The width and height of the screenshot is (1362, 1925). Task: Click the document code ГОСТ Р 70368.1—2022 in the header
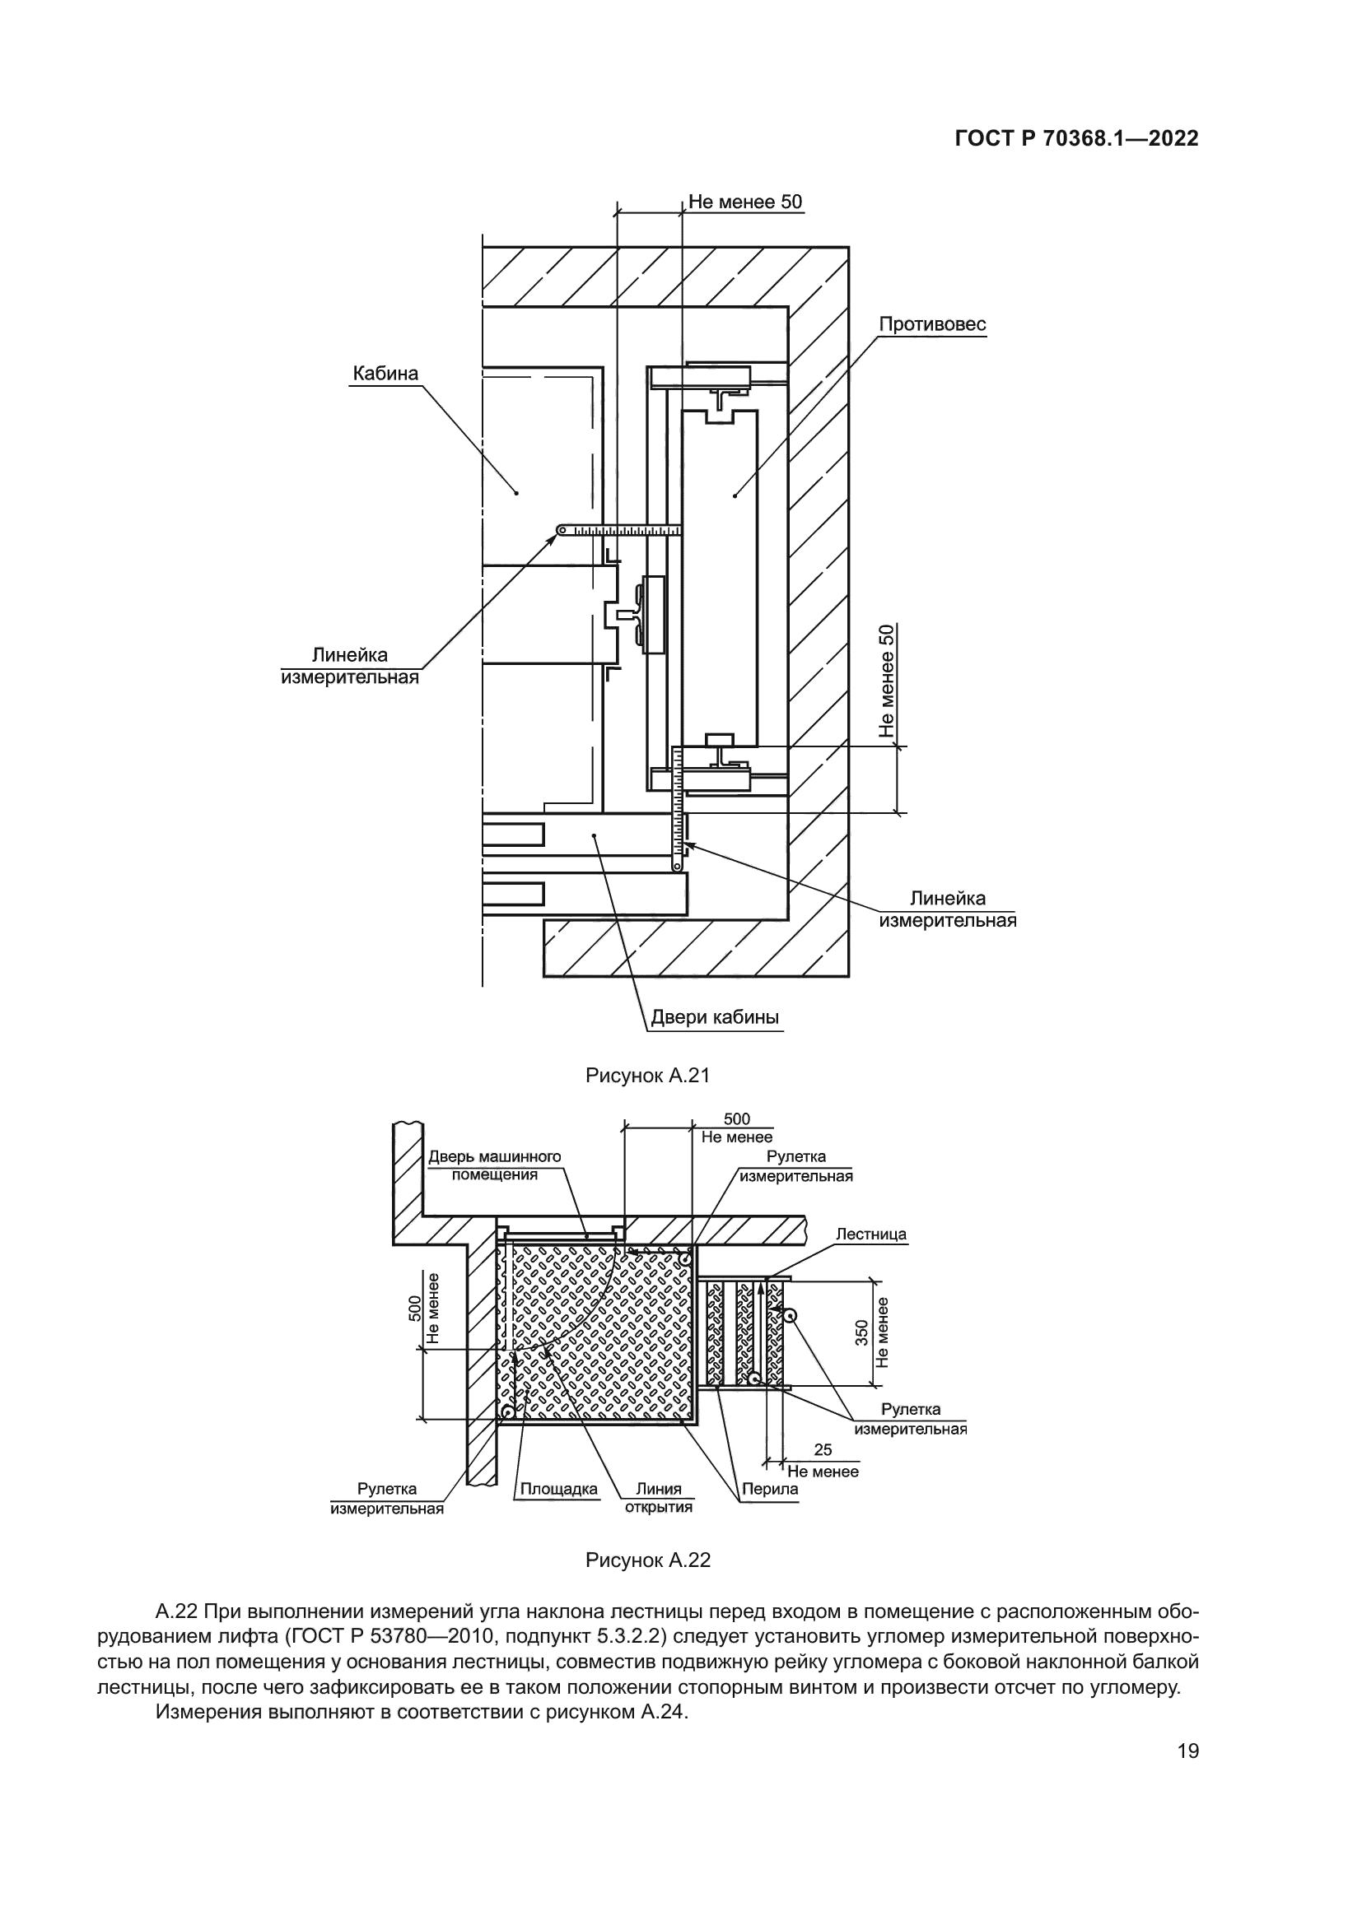pyautogui.click(x=1076, y=139)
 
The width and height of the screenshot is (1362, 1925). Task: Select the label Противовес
pyautogui.click(x=932, y=324)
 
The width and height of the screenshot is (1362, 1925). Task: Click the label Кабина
pyautogui.click(x=385, y=373)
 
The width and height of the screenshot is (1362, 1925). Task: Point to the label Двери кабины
pyautogui.click(x=716, y=1018)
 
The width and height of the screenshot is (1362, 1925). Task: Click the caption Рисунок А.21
pyautogui.click(x=647, y=1076)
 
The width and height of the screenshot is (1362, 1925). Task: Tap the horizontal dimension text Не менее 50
pyautogui.click(x=744, y=202)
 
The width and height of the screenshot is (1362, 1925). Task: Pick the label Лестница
pyautogui.click(x=870, y=1235)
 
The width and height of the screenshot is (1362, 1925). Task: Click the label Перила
pyautogui.click(x=769, y=1490)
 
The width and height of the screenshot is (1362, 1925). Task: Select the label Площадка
pyautogui.click(x=558, y=1489)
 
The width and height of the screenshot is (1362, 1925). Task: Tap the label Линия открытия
pyautogui.click(x=659, y=1497)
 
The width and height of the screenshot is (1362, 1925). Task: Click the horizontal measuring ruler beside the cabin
pyautogui.click(x=621, y=530)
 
